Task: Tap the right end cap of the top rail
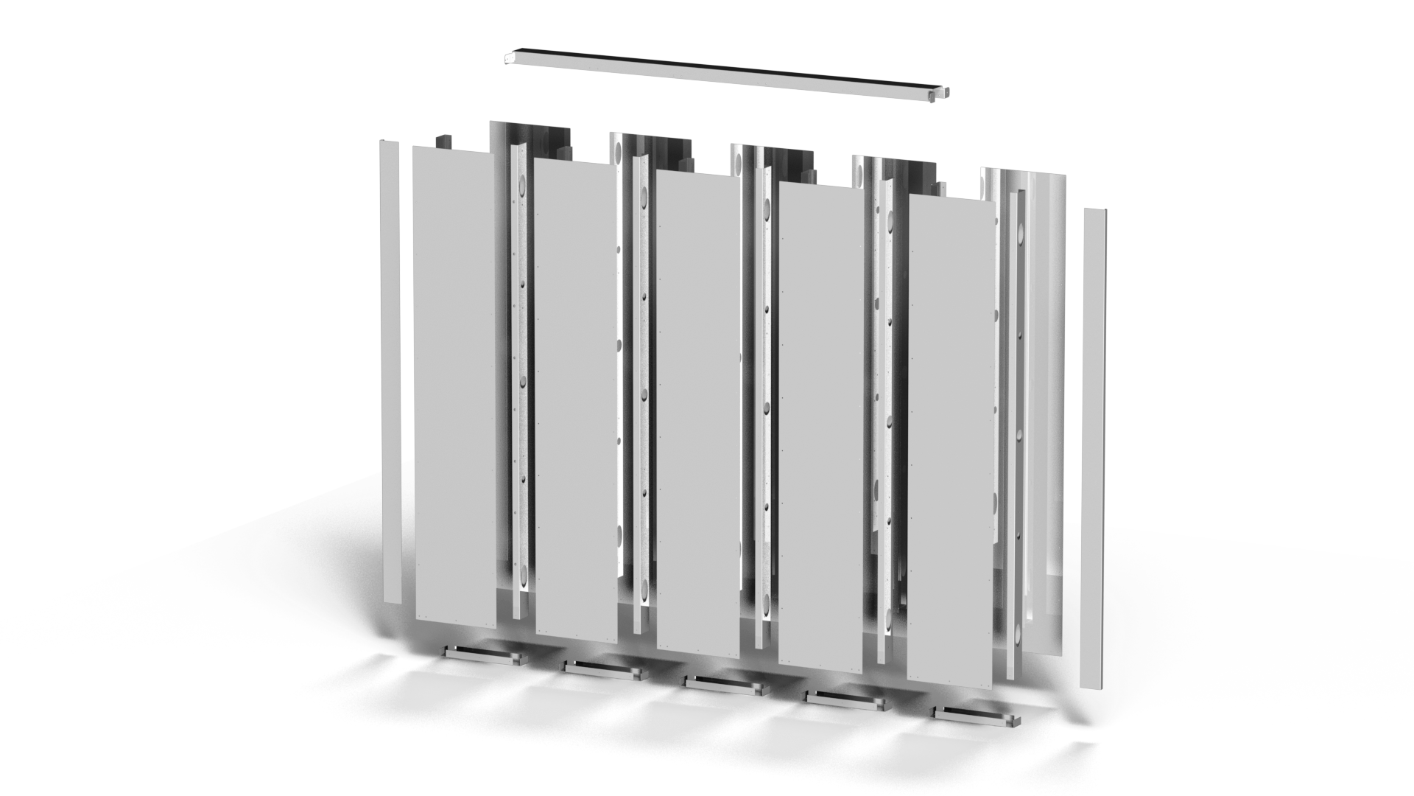(x=946, y=93)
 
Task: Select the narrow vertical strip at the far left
(x=390, y=369)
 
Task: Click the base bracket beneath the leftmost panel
(x=483, y=654)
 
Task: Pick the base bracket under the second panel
(x=602, y=669)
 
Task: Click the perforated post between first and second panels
(x=518, y=383)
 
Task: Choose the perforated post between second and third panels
(x=640, y=398)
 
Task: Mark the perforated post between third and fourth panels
(x=762, y=413)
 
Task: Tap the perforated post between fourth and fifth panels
(x=884, y=420)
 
